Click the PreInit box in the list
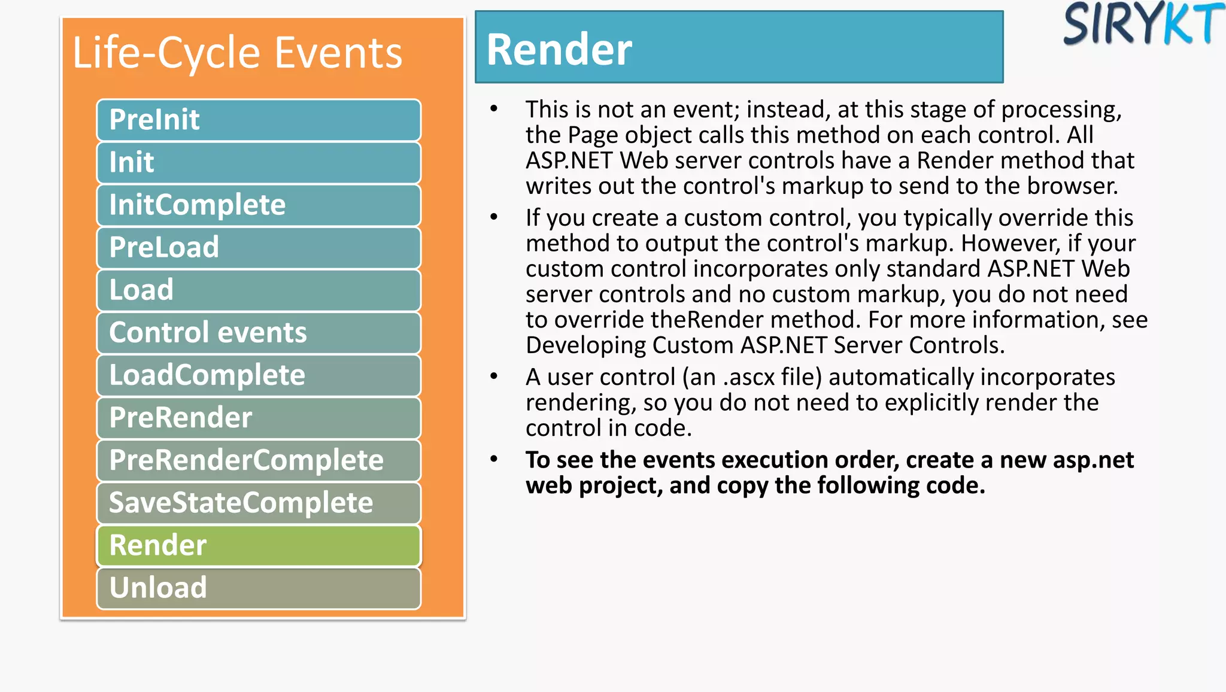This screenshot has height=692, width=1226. (259, 120)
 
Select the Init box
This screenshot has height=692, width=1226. (259, 162)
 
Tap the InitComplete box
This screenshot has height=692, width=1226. (259, 205)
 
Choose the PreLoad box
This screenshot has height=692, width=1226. (259, 247)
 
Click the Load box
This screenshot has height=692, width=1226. (259, 290)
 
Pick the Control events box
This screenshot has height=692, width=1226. (259, 332)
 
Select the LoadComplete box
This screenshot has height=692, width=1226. (259, 375)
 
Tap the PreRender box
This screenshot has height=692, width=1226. (259, 417)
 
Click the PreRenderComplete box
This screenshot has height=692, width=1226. (259, 460)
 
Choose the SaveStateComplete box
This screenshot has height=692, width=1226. (259, 502)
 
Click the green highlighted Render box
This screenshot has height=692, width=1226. (259, 545)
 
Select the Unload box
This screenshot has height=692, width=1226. (259, 587)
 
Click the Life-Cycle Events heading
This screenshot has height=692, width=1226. (237, 53)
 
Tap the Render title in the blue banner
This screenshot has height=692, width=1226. (559, 49)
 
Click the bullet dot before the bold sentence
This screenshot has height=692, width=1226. (494, 459)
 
